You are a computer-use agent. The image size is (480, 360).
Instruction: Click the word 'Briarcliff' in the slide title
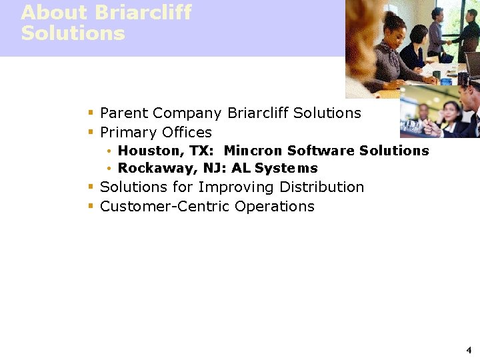(143, 13)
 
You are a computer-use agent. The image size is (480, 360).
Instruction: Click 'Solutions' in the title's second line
(73, 33)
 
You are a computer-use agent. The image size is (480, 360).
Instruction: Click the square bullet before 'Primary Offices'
(91, 132)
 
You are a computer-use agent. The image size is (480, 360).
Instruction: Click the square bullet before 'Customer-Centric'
(91, 207)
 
